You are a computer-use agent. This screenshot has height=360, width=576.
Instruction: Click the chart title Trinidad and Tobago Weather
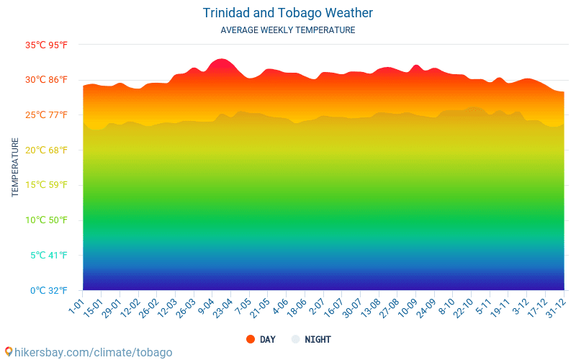(288, 13)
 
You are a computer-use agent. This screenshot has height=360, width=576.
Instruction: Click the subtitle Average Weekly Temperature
(288, 30)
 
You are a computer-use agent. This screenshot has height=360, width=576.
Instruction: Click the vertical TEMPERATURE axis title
(15, 168)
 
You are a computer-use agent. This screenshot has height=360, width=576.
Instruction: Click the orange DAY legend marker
(251, 339)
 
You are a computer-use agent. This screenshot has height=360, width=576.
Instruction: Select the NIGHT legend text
(318, 339)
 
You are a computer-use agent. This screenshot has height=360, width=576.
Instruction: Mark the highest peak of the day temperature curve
(221, 59)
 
